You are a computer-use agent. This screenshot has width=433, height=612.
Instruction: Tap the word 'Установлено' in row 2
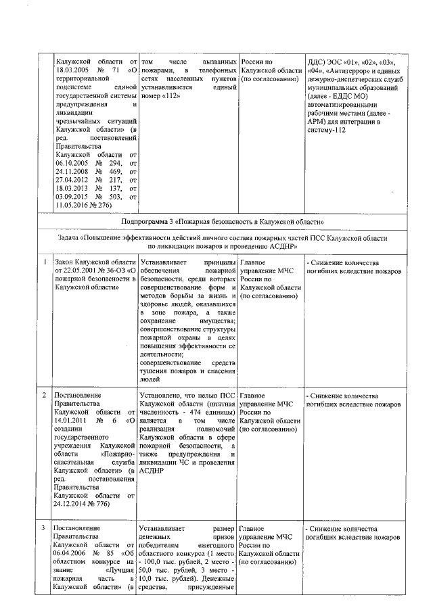(x=161, y=394)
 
